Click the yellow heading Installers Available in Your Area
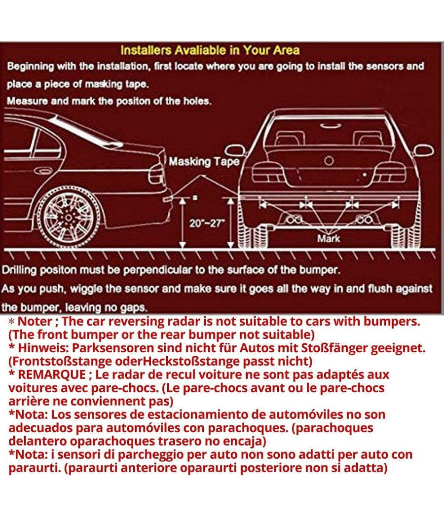click(x=210, y=50)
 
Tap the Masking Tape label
click(x=204, y=162)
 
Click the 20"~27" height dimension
click(x=207, y=222)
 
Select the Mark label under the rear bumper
click(x=329, y=238)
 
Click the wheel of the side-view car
click(x=69, y=217)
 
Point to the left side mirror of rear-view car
click(x=235, y=151)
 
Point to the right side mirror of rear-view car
click(x=423, y=150)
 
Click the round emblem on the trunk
click(x=329, y=160)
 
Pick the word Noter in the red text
click(x=34, y=322)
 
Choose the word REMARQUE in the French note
click(x=47, y=374)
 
